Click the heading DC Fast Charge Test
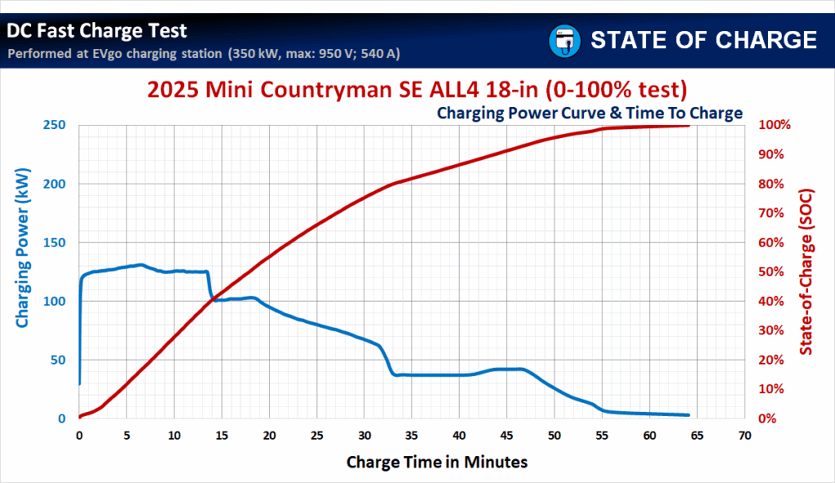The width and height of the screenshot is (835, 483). click(x=97, y=32)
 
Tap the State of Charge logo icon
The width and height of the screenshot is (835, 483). click(x=563, y=40)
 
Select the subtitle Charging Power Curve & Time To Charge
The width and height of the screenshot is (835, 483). click(x=590, y=113)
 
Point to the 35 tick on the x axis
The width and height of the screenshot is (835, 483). click(x=412, y=435)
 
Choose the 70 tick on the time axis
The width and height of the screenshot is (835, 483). click(x=744, y=435)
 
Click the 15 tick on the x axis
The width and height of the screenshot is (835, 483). click(x=222, y=435)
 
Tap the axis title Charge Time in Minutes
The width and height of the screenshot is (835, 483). click(x=437, y=462)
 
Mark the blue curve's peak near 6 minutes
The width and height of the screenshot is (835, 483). click(x=140, y=264)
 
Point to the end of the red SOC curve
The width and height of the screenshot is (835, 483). click(x=688, y=126)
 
